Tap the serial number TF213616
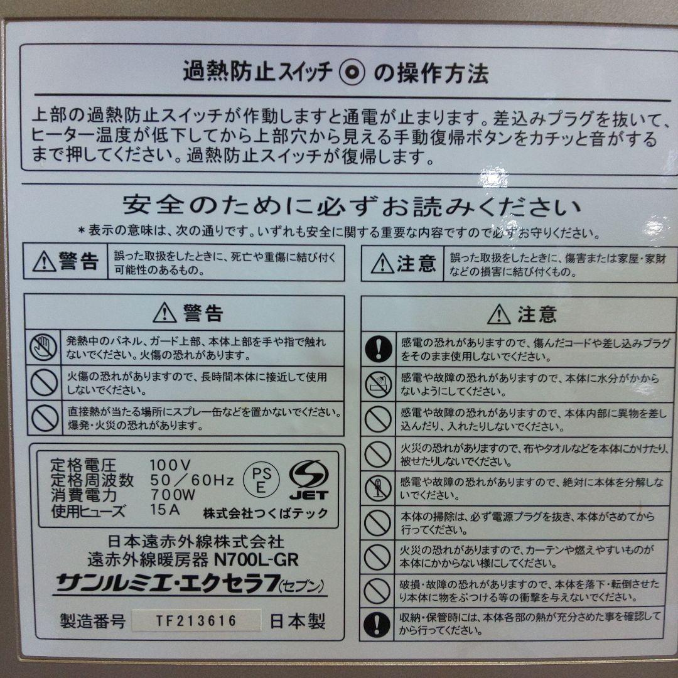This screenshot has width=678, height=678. point(196,621)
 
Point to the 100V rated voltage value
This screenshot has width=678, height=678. point(170,465)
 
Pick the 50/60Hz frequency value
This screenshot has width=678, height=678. point(191,480)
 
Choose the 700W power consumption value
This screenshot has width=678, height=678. point(173,495)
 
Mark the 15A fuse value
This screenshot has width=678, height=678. point(165,509)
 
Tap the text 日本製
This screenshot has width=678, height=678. point(298,621)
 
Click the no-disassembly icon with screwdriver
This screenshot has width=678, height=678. point(378,489)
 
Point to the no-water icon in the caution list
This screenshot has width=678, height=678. point(378,385)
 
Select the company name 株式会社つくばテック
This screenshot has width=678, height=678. point(266,513)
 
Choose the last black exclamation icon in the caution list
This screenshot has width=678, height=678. point(378,623)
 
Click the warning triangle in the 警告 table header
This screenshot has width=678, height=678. point(164,312)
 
